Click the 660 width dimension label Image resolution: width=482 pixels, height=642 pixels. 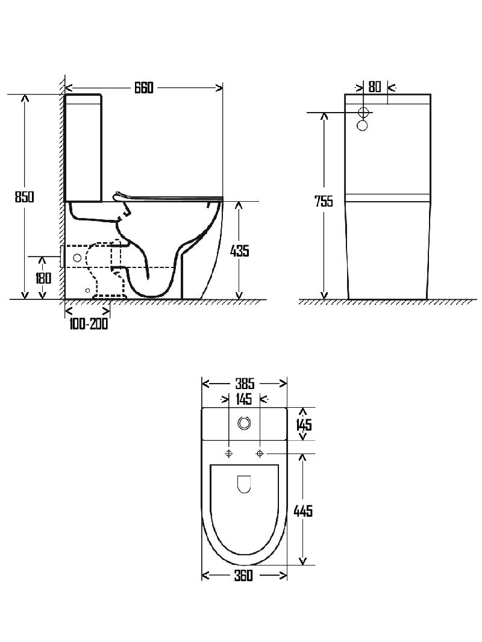[x=144, y=87]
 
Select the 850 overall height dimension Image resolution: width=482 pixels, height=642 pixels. [x=24, y=197]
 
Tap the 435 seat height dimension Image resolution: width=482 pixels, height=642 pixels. [x=240, y=251]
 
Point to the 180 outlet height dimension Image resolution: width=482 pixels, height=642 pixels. [x=43, y=278]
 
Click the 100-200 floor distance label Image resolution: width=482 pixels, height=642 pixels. [x=89, y=324]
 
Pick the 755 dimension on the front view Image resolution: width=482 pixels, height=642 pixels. [x=324, y=201]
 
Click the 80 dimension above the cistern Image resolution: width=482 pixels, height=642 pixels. [x=375, y=87]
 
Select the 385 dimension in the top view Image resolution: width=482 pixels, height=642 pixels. [x=245, y=384]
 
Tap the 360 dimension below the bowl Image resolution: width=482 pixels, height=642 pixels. [x=243, y=575]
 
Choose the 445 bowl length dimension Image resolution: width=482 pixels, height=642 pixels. [x=303, y=511]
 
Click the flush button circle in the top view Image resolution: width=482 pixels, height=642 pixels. [x=244, y=423]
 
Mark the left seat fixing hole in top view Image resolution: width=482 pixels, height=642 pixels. [x=229, y=453]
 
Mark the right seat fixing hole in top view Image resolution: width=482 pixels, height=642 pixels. [x=260, y=453]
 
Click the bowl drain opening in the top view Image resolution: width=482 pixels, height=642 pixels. [x=244, y=484]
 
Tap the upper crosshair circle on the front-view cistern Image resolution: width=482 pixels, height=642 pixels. [x=363, y=112]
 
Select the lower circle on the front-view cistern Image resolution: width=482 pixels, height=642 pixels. [x=363, y=125]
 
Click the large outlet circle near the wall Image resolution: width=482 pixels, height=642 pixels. [x=77, y=258]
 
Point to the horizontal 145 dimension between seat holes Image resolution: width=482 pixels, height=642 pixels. [x=244, y=398]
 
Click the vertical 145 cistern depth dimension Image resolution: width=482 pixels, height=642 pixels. [x=304, y=424]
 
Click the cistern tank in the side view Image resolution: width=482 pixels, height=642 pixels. [x=83, y=148]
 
